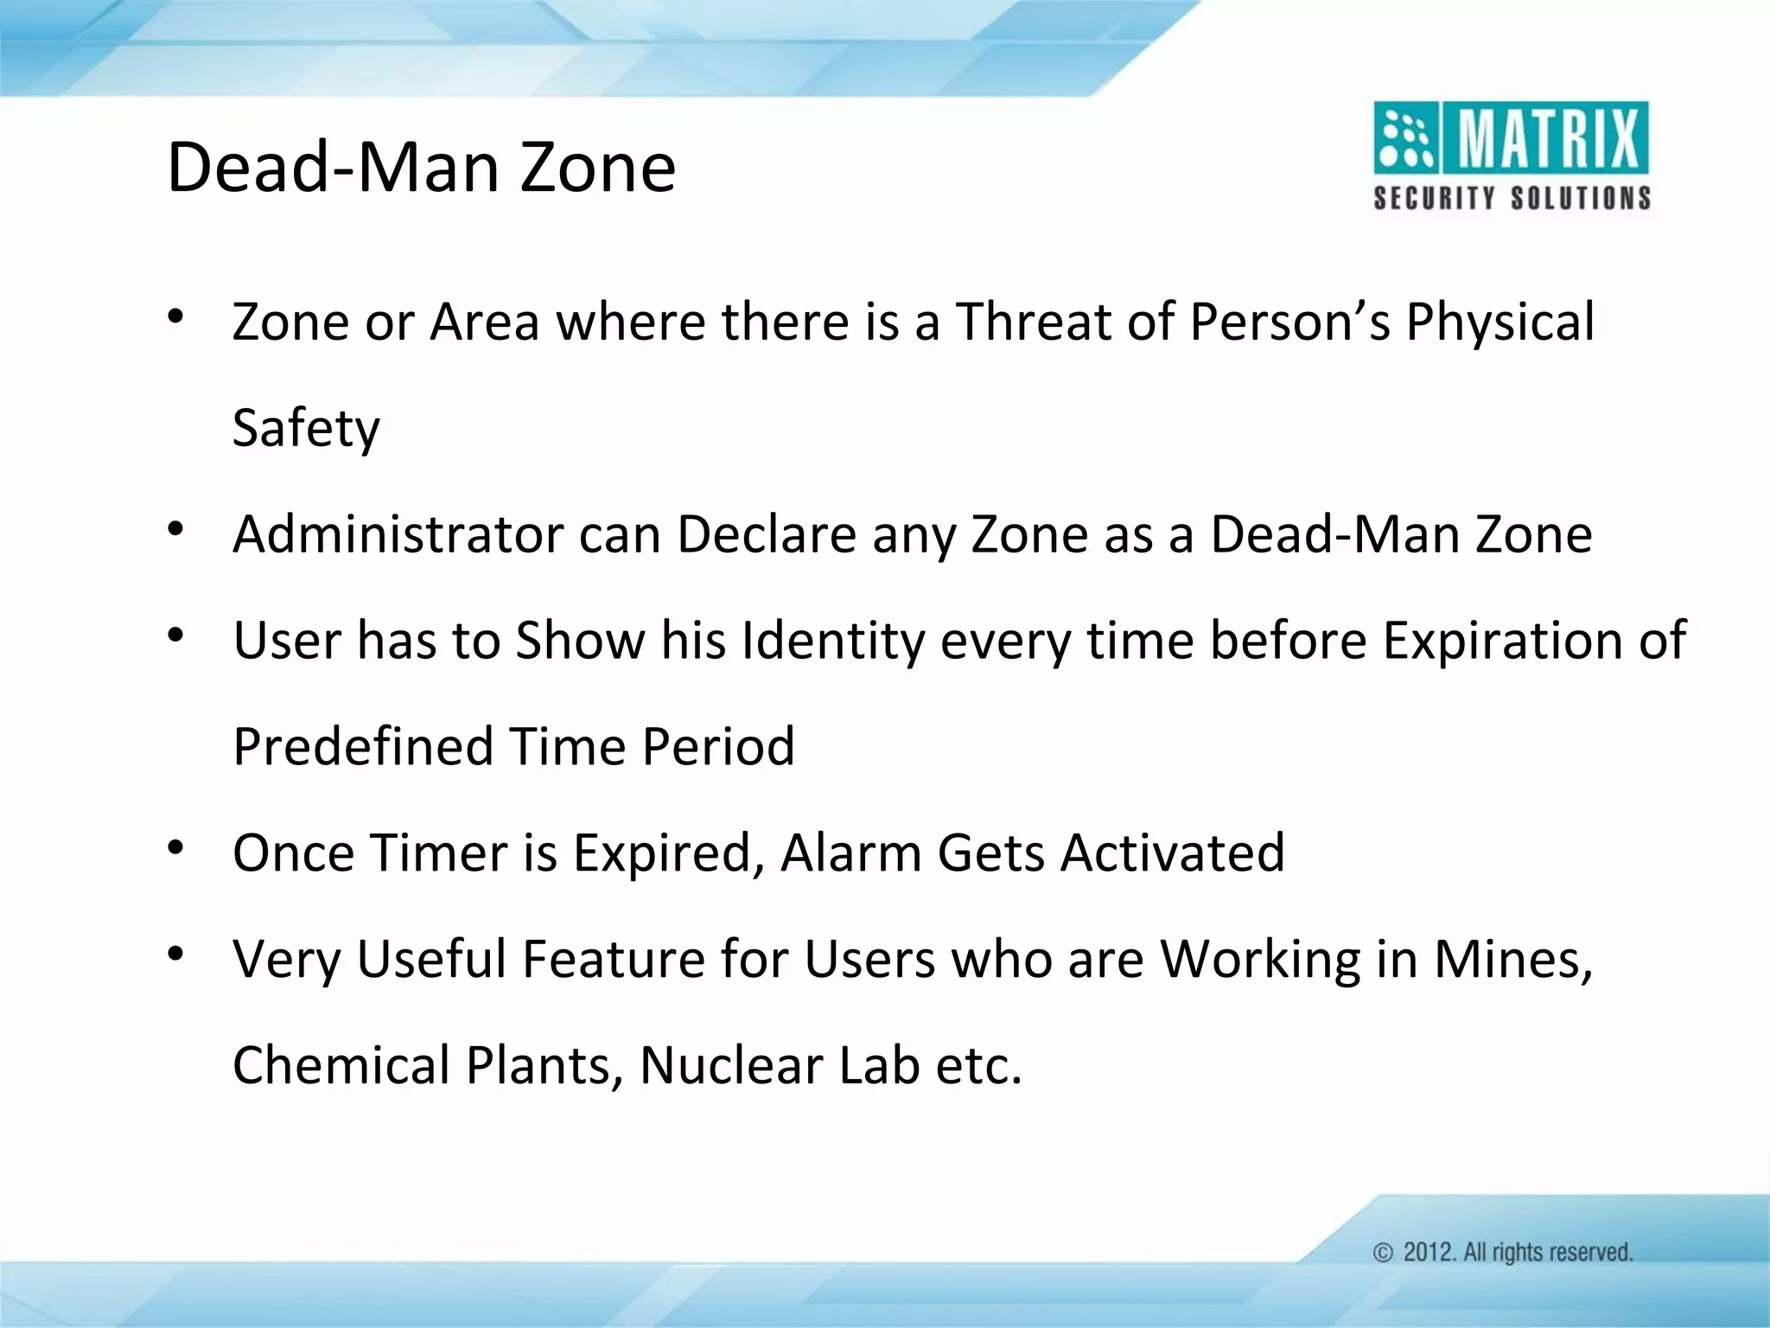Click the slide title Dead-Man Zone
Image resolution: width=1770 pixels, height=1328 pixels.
pyautogui.click(x=421, y=167)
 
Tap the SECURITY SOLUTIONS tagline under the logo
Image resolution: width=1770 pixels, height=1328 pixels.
pyautogui.click(x=1512, y=199)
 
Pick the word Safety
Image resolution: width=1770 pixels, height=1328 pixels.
pyautogui.click(x=306, y=428)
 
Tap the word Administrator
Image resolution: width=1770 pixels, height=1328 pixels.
pyautogui.click(x=398, y=534)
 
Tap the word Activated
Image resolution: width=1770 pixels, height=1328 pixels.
pyautogui.click(x=1173, y=852)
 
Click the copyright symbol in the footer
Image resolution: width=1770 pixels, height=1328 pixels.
pyautogui.click(x=1384, y=1253)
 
